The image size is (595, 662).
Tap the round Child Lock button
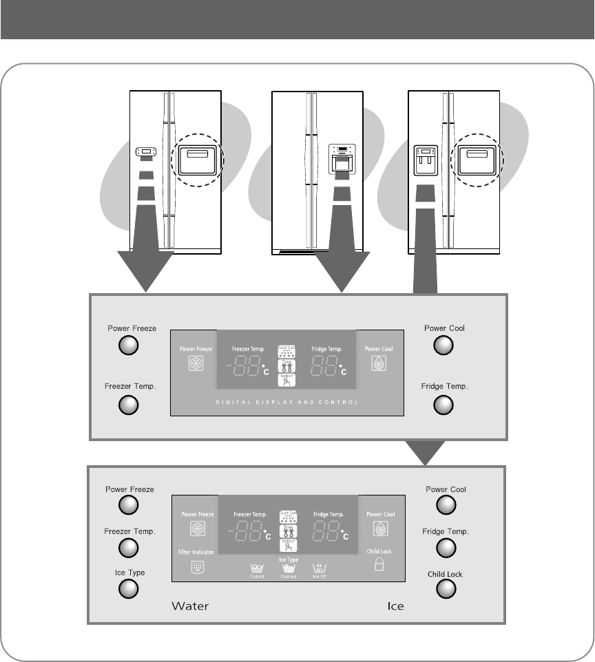click(x=446, y=588)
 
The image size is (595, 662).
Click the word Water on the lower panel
click(x=190, y=606)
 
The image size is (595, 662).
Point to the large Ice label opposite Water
click(x=395, y=606)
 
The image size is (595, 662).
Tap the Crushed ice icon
click(x=288, y=571)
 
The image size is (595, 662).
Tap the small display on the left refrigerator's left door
click(x=146, y=152)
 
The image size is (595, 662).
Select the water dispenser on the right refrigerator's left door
click(x=426, y=161)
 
